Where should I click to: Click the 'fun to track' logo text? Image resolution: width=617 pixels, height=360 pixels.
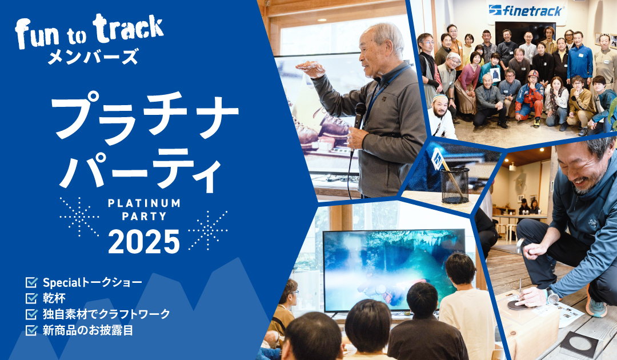[89, 31]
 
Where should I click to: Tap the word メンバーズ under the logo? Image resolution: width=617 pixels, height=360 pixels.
[93, 56]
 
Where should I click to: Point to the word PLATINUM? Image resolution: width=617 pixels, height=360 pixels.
[144, 203]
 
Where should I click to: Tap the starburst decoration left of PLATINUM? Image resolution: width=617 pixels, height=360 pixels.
[79, 217]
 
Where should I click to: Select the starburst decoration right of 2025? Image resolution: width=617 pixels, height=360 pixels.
[208, 230]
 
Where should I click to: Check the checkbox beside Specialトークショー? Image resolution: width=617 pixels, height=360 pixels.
[31, 282]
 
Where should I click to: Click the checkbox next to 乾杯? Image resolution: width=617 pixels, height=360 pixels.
[31, 298]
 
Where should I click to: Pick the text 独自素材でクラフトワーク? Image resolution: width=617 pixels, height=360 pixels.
[106, 314]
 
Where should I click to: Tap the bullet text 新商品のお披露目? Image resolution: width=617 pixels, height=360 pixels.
[88, 330]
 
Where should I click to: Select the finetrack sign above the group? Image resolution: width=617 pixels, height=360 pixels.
[527, 11]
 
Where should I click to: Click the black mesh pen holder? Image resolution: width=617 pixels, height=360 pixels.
[455, 185]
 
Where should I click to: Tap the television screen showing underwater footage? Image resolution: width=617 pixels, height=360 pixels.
[394, 270]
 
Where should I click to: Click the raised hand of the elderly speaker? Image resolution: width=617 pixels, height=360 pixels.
[311, 69]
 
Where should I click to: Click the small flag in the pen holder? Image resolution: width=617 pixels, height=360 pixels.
[438, 158]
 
